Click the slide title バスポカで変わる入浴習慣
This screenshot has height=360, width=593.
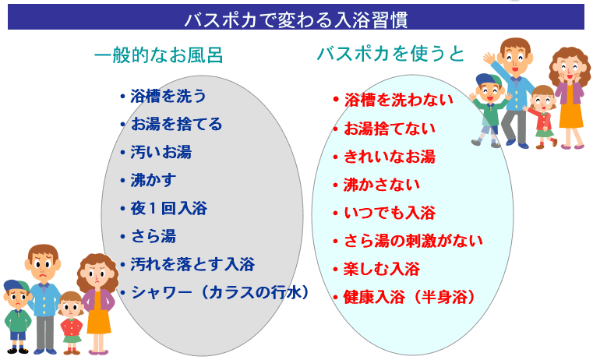[x=296, y=19]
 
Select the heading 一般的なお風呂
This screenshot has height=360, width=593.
[x=158, y=55]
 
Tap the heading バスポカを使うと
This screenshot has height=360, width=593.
[x=390, y=54]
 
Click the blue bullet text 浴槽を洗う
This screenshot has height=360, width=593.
[x=168, y=96]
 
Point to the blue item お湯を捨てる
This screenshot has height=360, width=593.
[x=176, y=124]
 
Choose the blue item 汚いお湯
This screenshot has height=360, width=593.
[x=161, y=152]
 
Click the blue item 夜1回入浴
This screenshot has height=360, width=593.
[x=168, y=208]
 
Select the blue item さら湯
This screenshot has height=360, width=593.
[x=154, y=236]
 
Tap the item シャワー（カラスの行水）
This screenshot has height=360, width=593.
[x=220, y=292]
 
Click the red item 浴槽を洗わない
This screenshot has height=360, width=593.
[x=398, y=100]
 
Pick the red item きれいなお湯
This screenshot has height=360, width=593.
[x=390, y=157]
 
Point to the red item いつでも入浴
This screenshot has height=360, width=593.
[x=390, y=213]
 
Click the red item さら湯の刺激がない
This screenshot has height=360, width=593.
[x=413, y=241]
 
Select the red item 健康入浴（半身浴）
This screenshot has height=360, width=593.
[x=409, y=297]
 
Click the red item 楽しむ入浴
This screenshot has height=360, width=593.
[x=382, y=270]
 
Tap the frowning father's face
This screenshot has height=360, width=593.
[x=43, y=264]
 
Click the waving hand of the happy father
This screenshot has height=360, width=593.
[x=489, y=58]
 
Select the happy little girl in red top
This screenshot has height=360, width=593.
[x=542, y=116]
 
